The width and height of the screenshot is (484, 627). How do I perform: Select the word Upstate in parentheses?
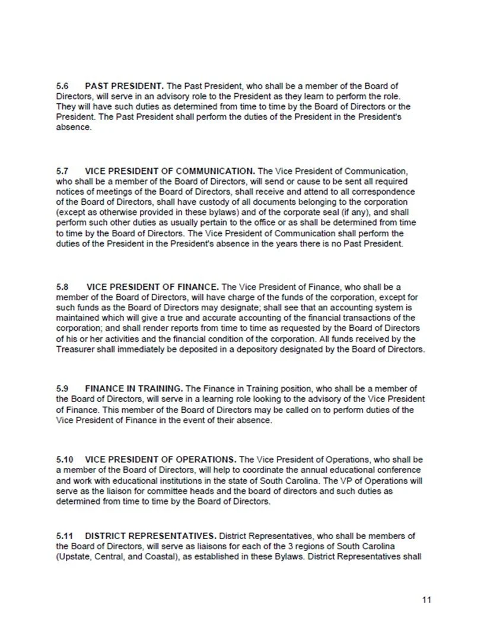pyautogui.click(x=74, y=558)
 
